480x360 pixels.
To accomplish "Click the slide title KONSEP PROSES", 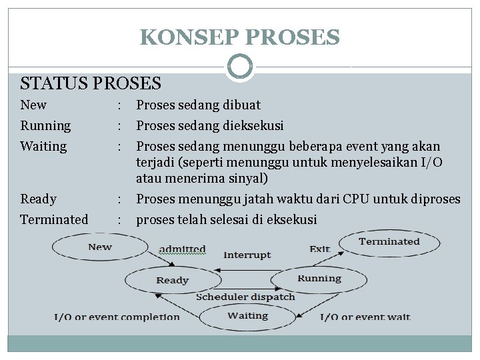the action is pos(239,37).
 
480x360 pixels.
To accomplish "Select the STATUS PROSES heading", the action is pos(91,83).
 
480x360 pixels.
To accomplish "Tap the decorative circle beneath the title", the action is pos(239,67).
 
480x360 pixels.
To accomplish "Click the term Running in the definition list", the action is pos(45,125).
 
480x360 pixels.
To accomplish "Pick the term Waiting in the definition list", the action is pos(43,146).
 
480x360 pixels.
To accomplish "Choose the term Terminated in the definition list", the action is pos(54,219).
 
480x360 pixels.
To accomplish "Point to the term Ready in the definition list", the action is pos(38,199).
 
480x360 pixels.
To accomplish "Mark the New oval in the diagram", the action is pos(100,247).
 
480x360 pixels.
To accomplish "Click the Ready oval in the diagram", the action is pos(172,280).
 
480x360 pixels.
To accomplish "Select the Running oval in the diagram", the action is pos(319,279).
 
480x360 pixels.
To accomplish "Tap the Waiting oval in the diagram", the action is pos(247,316).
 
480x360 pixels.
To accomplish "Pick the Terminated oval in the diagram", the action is pos(389,242).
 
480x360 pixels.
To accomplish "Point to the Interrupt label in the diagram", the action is pos(247,255).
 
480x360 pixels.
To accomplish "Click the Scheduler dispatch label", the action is pos(245,297).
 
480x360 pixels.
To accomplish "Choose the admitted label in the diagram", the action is pos(182,249).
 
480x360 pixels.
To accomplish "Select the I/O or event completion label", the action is pos(117,317).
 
